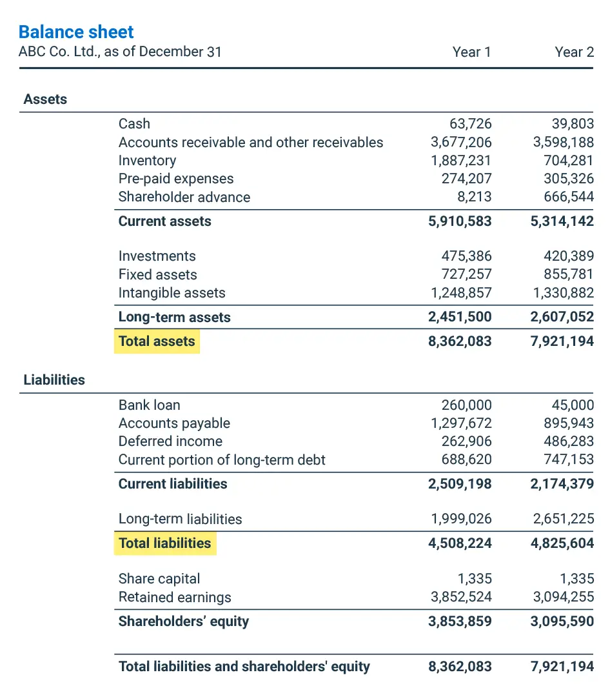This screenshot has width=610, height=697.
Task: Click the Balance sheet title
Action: (76, 32)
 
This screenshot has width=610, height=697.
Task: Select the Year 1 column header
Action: (471, 52)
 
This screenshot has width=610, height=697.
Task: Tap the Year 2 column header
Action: (574, 52)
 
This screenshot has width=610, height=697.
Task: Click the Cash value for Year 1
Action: (470, 124)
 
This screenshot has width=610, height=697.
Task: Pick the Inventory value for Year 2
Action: (569, 161)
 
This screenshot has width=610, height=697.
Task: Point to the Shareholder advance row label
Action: (184, 197)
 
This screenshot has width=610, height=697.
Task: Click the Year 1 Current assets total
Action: (460, 221)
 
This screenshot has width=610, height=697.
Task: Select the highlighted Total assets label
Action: (157, 341)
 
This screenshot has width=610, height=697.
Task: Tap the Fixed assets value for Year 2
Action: (569, 275)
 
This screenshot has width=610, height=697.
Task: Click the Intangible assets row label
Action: (172, 293)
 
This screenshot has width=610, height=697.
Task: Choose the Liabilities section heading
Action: (54, 380)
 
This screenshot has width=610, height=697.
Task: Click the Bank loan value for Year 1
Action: (466, 405)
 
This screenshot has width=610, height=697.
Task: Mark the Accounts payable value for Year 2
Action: (569, 423)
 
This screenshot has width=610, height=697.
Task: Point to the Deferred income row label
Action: (170, 441)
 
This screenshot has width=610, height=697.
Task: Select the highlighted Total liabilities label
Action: (165, 543)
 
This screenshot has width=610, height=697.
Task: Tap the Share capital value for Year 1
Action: (477, 579)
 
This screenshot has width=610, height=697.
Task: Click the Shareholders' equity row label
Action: (184, 621)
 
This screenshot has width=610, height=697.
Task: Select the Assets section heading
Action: (45, 99)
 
